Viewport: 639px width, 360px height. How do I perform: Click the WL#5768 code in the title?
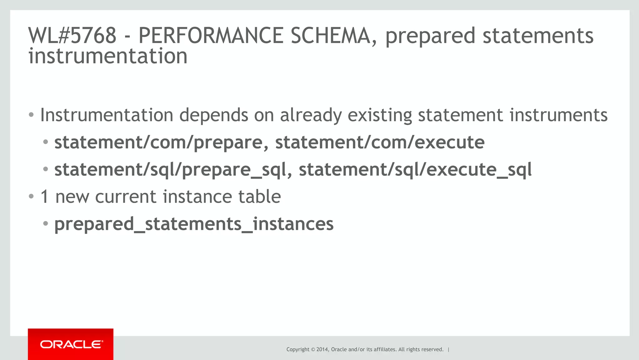click(72, 35)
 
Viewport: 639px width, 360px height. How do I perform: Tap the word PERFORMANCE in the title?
click(211, 35)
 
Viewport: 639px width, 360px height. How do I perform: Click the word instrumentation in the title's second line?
click(108, 56)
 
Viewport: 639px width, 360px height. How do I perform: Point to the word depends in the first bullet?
click(214, 115)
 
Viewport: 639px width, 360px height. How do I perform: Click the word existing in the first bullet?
click(380, 115)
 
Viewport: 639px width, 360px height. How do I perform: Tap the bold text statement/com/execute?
click(380, 142)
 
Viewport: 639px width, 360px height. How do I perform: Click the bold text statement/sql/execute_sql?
click(415, 170)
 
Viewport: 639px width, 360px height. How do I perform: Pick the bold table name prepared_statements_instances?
click(194, 224)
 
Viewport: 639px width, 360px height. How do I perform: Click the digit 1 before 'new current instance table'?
click(45, 197)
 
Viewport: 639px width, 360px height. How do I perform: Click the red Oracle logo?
click(71, 344)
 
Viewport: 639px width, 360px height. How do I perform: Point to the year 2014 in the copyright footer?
click(322, 349)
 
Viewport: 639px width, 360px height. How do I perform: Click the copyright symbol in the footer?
click(313, 349)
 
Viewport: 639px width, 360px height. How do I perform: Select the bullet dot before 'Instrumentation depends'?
click(31, 115)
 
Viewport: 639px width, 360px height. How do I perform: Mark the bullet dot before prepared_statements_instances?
click(46, 224)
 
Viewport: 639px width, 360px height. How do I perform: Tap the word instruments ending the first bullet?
click(559, 115)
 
